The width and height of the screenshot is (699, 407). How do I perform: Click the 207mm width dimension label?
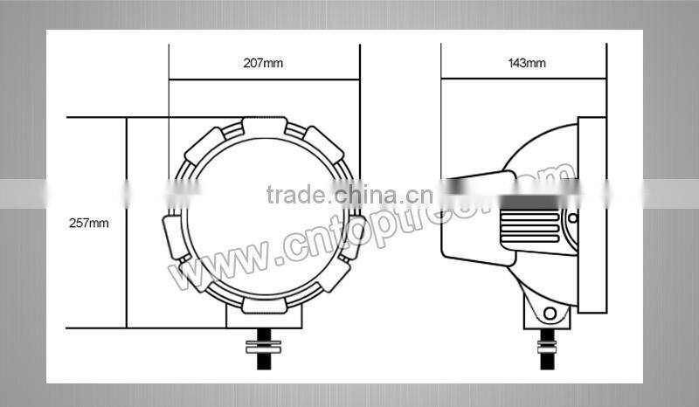[x=264, y=63]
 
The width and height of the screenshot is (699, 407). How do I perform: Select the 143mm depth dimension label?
[x=526, y=63]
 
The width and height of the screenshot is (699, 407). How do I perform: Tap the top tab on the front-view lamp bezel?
[x=264, y=126]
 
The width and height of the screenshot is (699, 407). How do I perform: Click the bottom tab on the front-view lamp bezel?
[x=264, y=305]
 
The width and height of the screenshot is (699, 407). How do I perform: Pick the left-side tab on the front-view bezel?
[x=175, y=236]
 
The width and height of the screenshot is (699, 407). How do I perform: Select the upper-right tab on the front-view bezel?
[x=323, y=142]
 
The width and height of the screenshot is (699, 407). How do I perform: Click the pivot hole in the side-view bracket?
[x=549, y=313]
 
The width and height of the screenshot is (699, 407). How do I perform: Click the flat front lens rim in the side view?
[x=592, y=215]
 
